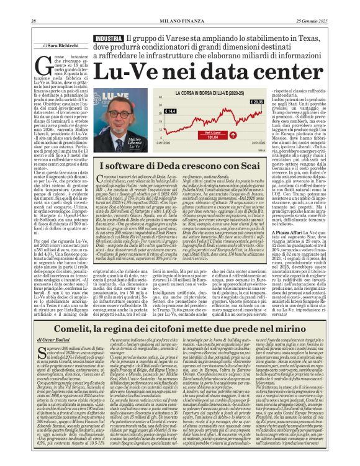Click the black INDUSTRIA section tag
pyautogui.click(x=108, y=38)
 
